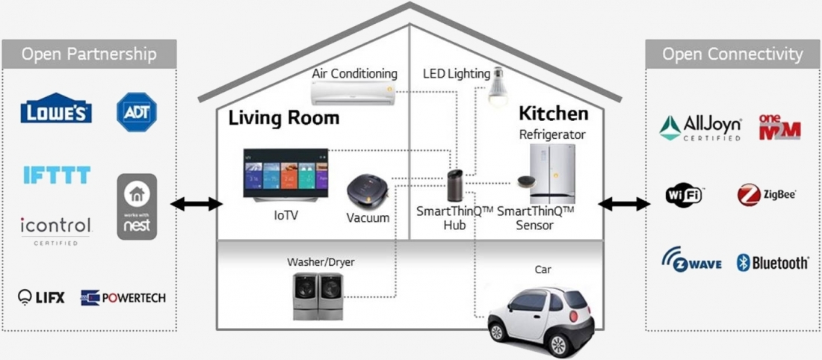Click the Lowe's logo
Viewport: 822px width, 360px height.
coord(56,108)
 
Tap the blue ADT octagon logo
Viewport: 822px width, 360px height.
coord(136,111)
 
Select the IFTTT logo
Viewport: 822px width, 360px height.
coord(57,175)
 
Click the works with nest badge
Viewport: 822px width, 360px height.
coord(137,206)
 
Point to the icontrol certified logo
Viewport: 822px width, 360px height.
coord(56,231)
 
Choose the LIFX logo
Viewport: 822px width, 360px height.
coord(41,297)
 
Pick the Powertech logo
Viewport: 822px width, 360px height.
coord(123,298)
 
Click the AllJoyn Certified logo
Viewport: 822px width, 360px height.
coord(700,128)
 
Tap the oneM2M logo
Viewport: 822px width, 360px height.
coord(779,127)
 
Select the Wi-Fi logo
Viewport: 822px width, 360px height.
coord(684,196)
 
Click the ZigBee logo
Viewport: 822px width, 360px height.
coord(767,195)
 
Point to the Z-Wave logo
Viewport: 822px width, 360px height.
coord(691,259)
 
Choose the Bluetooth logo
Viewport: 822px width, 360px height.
coord(772,263)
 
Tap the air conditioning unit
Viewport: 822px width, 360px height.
coord(352,93)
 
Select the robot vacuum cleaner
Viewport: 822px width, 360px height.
coord(368,192)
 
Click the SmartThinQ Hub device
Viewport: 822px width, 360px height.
coord(454,185)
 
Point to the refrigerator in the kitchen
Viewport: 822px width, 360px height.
coord(552,173)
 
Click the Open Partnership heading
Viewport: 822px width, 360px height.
coord(89,54)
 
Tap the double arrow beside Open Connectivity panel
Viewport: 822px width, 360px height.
coord(624,203)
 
